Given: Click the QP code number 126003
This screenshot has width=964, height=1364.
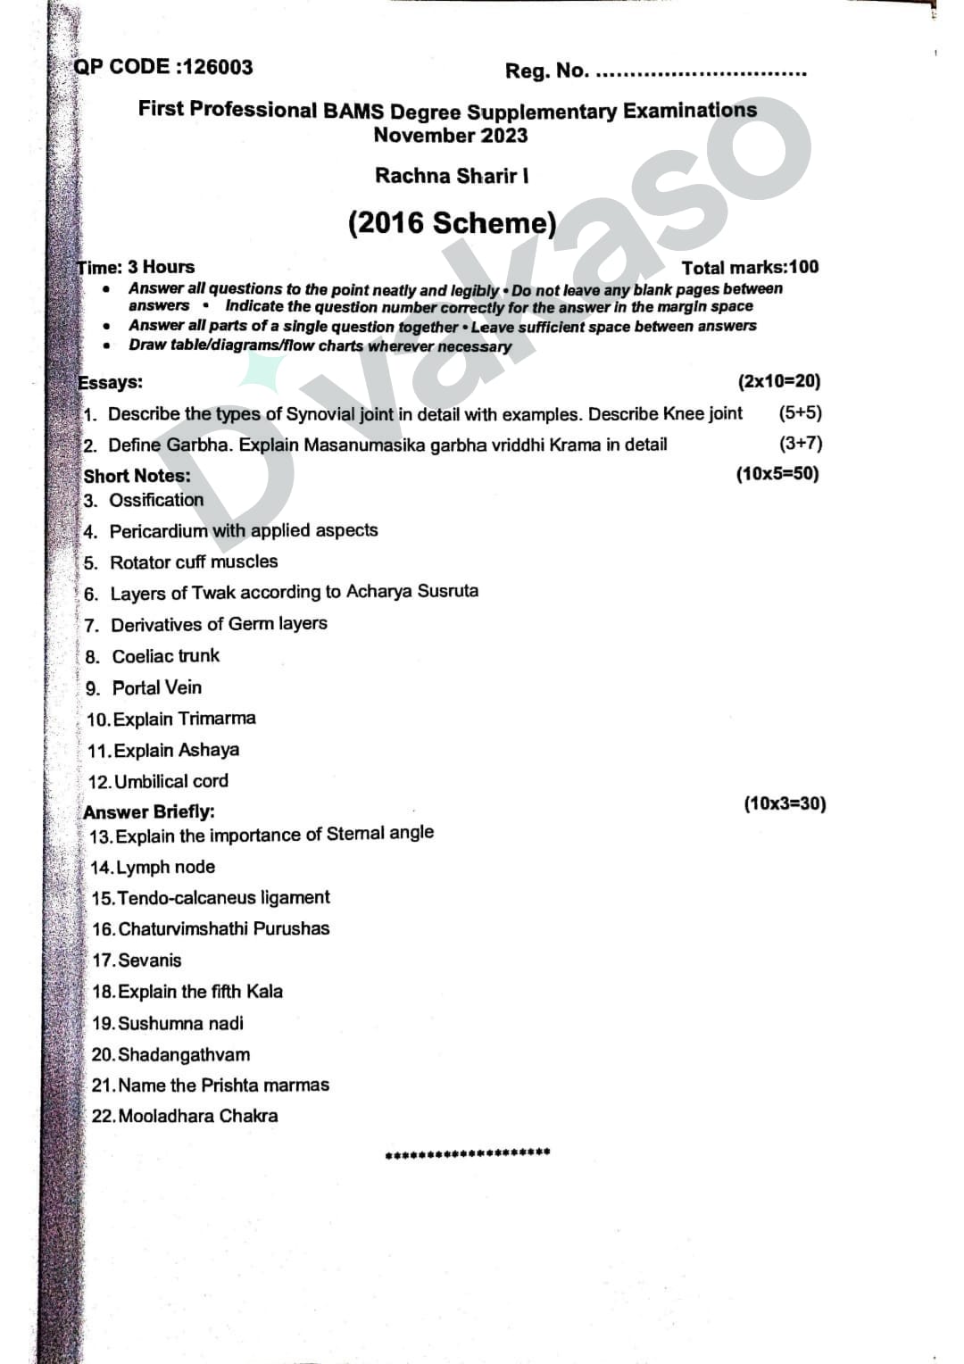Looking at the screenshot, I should (218, 67).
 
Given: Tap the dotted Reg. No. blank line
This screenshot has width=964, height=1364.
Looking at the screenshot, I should (701, 73).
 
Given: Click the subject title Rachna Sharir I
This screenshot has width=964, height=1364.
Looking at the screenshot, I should (452, 175).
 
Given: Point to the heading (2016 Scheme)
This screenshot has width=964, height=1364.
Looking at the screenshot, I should (452, 222).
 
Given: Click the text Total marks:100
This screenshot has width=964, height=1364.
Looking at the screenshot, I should (750, 267).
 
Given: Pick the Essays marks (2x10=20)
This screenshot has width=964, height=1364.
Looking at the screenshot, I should (778, 381).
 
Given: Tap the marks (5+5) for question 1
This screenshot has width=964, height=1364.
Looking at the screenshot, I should (800, 412).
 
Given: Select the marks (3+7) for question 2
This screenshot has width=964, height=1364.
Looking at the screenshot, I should (801, 443).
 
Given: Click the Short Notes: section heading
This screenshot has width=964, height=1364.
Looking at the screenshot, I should (137, 475).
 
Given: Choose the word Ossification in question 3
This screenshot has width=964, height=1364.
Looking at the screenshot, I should (156, 500).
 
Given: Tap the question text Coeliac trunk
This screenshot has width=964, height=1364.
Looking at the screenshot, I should (165, 656).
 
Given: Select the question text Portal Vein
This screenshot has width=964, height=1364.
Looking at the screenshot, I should (157, 687).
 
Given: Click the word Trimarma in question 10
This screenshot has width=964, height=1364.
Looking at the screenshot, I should (217, 719).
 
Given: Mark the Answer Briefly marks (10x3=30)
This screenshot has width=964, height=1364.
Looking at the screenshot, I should (785, 803).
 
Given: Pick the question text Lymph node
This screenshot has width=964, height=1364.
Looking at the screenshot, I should (165, 867).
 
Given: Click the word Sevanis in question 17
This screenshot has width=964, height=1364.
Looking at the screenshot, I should (149, 961).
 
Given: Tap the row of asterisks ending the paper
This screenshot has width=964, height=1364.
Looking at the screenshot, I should (468, 1152).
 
